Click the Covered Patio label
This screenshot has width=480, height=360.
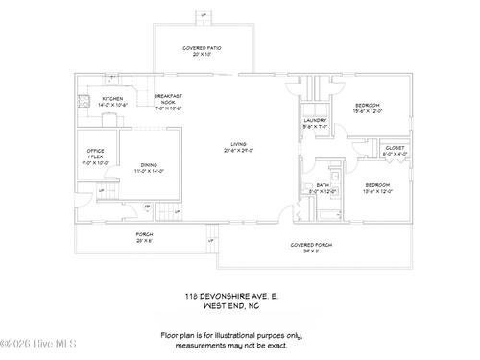203,50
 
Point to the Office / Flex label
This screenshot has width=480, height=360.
96,156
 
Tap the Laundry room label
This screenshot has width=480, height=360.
316,123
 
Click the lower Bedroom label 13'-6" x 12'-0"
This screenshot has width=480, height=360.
376,186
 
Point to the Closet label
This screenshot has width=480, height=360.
396,151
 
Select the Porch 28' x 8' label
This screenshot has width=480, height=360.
143,237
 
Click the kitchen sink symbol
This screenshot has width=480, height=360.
84,99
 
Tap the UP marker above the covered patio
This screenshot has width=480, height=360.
203,15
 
